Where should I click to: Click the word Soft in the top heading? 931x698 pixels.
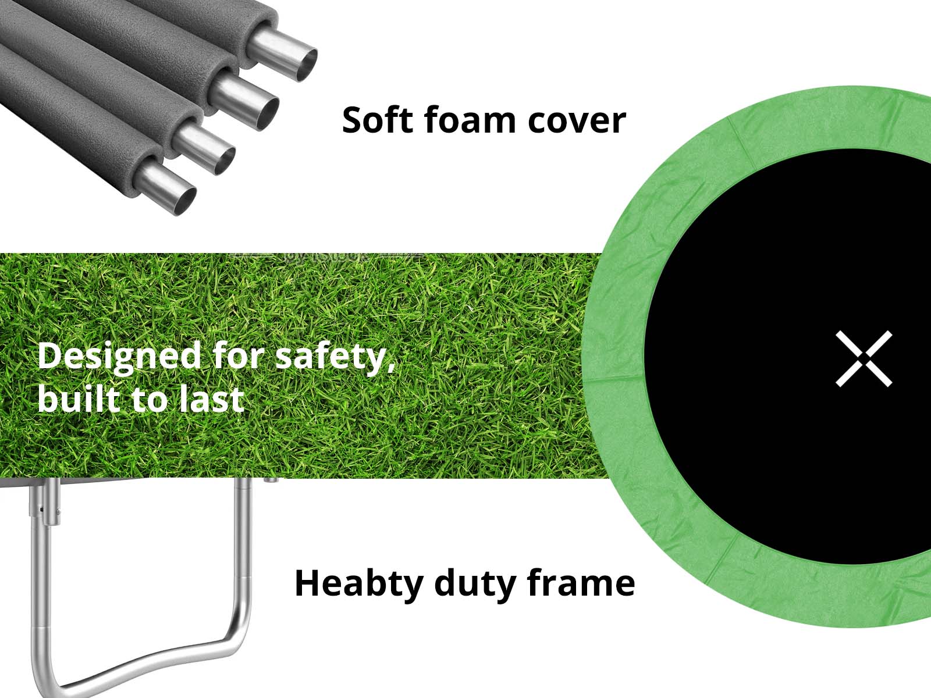[378, 120]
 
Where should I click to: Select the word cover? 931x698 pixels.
[577, 122]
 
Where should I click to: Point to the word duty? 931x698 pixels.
[474, 585]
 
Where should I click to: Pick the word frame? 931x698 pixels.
[581, 583]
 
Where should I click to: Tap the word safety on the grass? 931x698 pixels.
[331, 358]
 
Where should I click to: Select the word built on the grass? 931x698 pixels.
[79, 398]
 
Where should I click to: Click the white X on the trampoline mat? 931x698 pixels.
[864, 358]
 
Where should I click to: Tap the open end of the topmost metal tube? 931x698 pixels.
[306, 65]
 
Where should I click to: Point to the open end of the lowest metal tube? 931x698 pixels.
[185, 201]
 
